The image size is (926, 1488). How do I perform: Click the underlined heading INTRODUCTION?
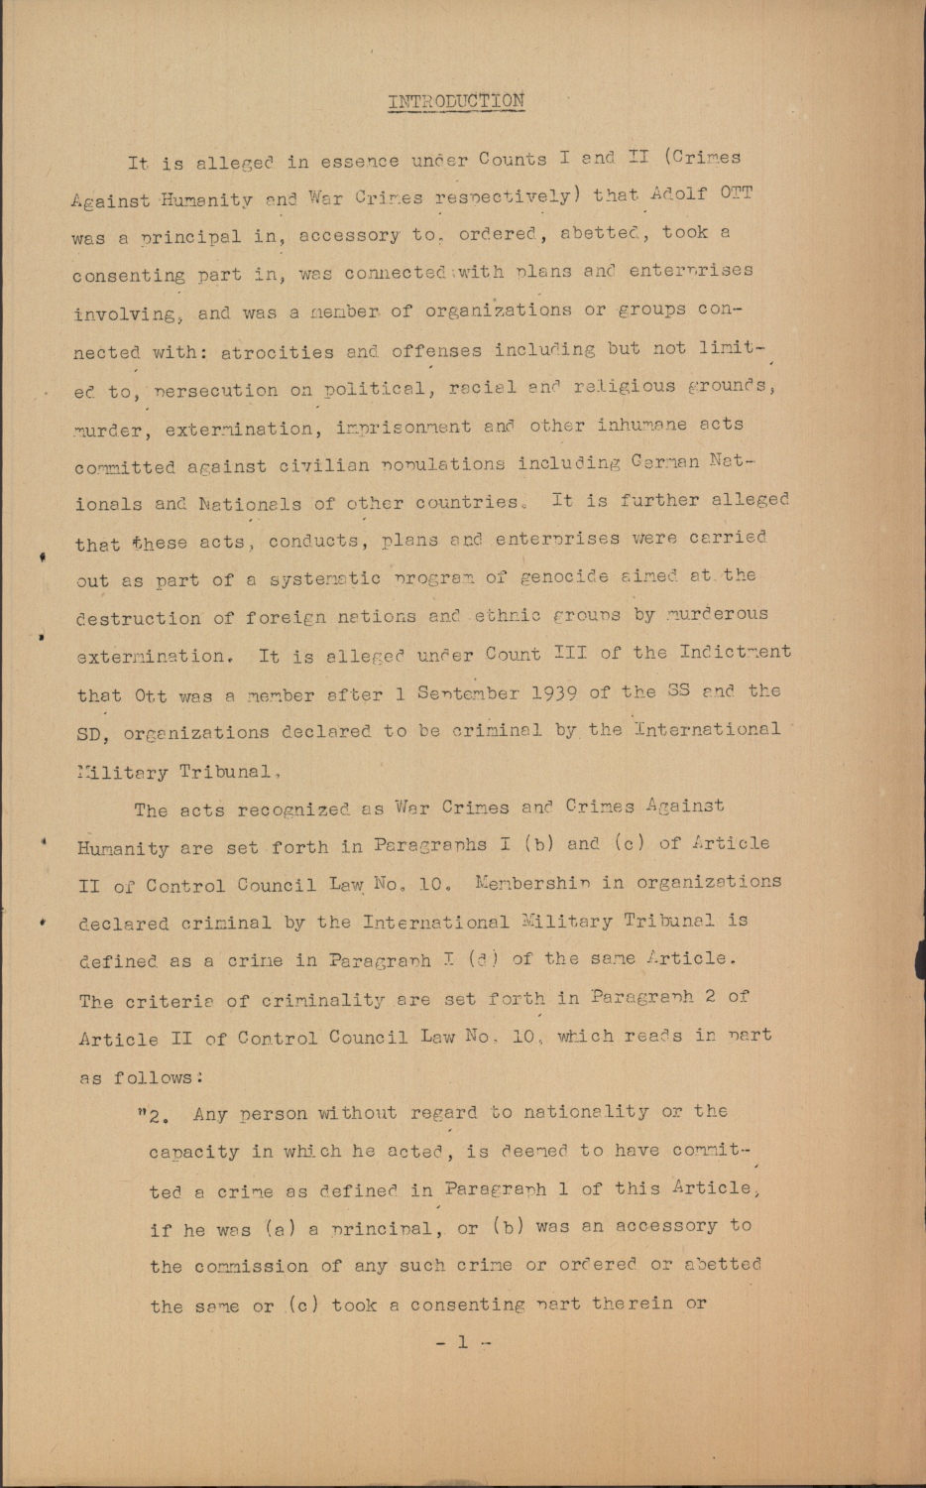(x=455, y=101)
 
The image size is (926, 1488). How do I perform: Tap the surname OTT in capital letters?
(x=736, y=192)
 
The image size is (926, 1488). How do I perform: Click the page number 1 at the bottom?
(x=462, y=1342)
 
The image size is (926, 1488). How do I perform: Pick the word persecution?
(x=216, y=391)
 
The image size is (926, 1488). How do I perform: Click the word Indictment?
(x=735, y=653)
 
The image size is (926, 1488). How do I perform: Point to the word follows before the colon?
(x=152, y=1077)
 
